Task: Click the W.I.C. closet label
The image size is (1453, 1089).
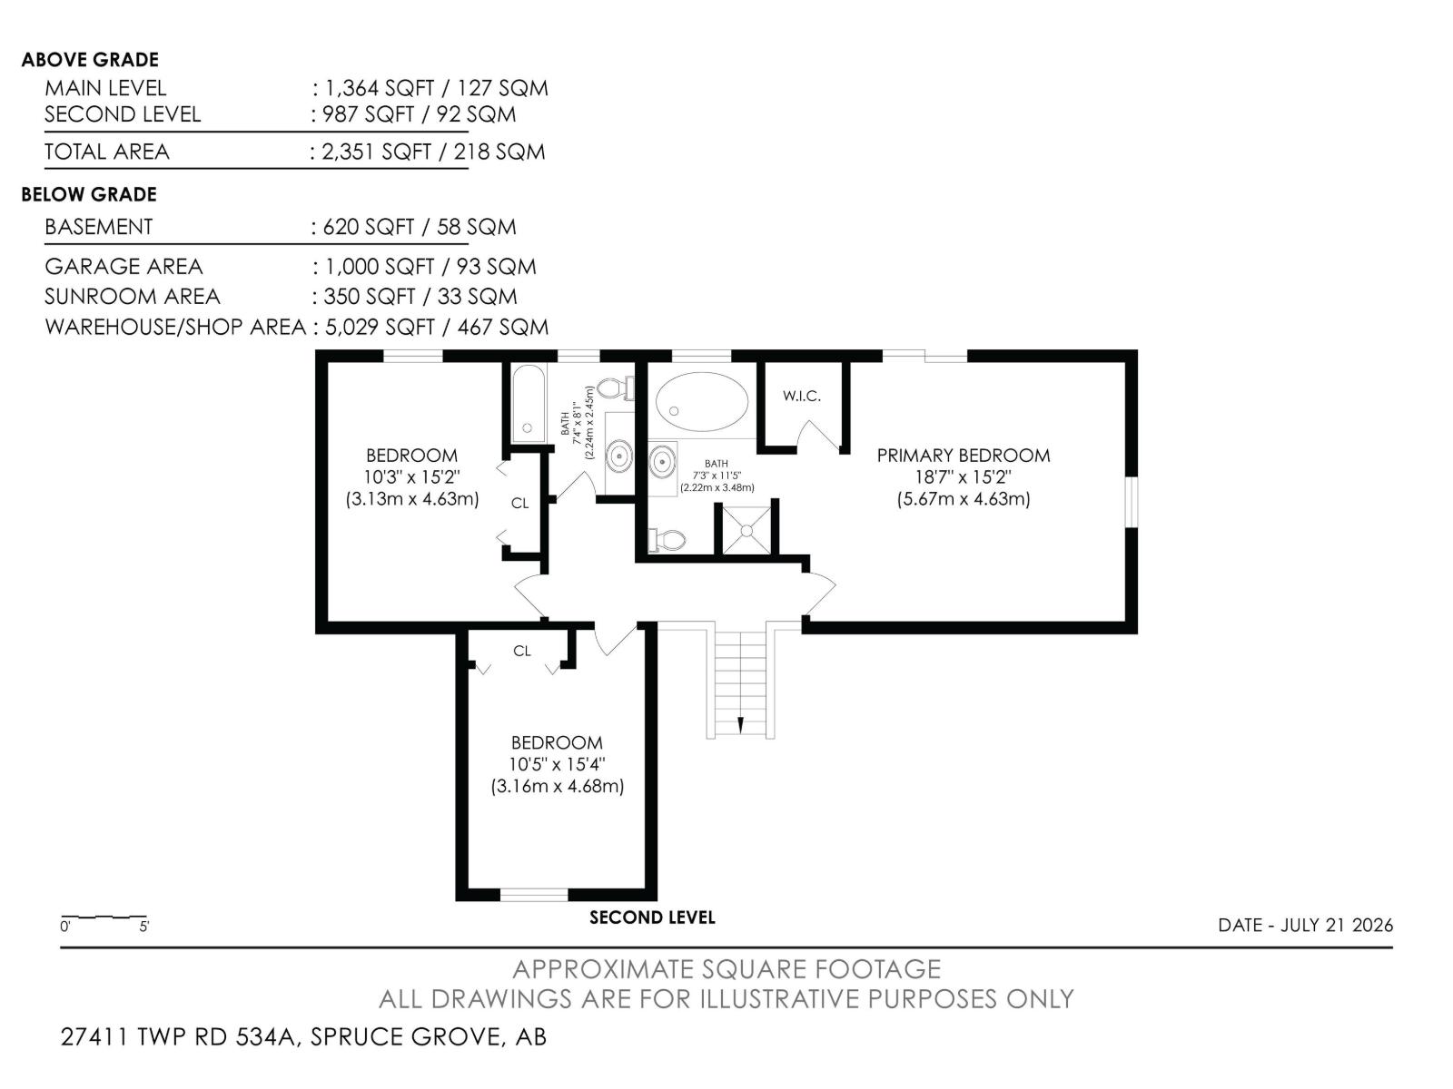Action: tap(801, 396)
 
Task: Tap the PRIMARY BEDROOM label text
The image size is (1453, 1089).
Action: tap(964, 456)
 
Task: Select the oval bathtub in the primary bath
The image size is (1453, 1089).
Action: tap(702, 401)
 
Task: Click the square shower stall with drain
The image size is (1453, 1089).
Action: tap(746, 530)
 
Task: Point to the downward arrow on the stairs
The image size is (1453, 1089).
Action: tap(740, 725)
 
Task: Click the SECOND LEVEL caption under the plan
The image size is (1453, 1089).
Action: tap(652, 917)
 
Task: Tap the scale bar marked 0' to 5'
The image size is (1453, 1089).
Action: tap(104, 917)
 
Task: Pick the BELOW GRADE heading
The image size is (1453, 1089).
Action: tap(89, 194)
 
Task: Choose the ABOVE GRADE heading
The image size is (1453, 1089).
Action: tap(90, 60)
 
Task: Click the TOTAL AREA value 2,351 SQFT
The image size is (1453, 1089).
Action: tap(377, 152)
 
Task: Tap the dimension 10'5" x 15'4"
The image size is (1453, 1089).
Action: tap(557, 764)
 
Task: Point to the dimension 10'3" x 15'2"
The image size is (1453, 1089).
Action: tap(411, 476)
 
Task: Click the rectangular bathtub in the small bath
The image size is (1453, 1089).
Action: tap(528, 403)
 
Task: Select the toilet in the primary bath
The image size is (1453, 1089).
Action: tap(667, 540)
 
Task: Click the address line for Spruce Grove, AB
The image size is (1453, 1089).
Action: tap(304, 1036)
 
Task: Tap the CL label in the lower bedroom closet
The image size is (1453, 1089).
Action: tap(521, 652)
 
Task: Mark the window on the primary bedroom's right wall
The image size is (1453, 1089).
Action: tap(1132, 503)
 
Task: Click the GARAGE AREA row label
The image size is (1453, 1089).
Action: tap(124, 267)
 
